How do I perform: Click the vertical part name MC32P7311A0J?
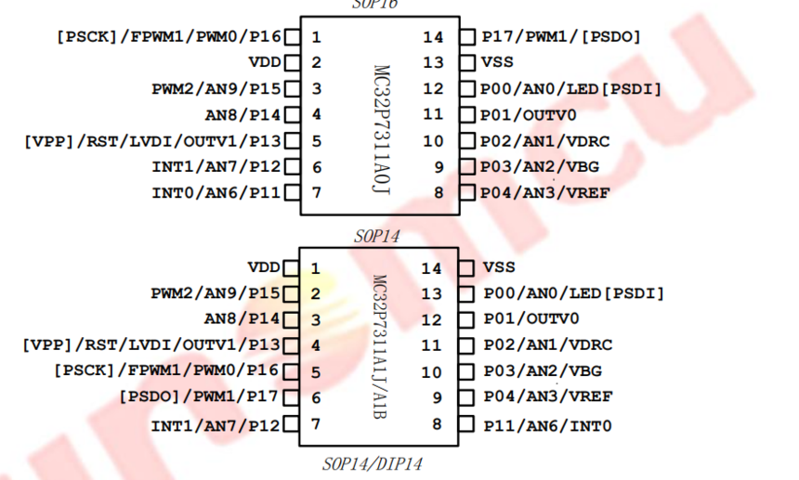[x=382, y=130]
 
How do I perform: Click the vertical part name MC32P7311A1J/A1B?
[x=380, y=346]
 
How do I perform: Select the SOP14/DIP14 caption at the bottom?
[x=373, y=464]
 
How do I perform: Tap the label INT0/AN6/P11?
[x=216, y=193]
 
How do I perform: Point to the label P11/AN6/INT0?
[x=547, y=425]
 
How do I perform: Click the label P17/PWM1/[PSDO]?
[x=561, y=36]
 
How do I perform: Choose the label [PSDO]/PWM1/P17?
[x=199, y=396]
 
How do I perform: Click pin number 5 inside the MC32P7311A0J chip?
[x=317, y=141]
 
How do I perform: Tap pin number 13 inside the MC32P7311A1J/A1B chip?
[x=431, y=293]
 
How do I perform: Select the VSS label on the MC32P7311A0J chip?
[x=497, y=62]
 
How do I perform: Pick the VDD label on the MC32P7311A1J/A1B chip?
[x=264, y=267]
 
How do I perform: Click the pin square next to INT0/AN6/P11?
[x=293, y=193]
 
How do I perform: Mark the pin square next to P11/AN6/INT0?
[x=466, y=424]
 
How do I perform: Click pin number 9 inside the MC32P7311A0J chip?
[x=439, y=167]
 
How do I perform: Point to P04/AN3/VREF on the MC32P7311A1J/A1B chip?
[x=548, y=396]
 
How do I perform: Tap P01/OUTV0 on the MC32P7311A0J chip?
[x=529, y=115]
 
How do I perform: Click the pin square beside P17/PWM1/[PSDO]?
[x=467, y=37]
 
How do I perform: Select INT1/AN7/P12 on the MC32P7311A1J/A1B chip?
[x=216, y=425]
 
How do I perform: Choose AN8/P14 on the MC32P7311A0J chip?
[x=243, y=115]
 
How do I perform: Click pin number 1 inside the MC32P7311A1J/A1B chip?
[x=316, y=268]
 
